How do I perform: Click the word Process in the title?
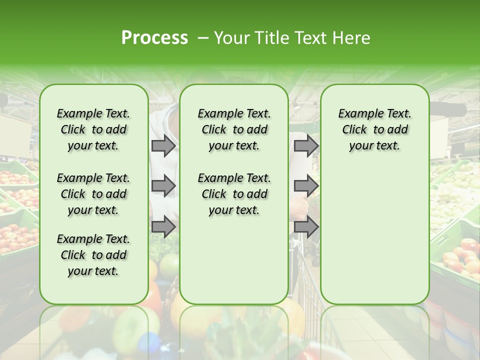click(x=154, y=38)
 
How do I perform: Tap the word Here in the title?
click(x=350, y=38)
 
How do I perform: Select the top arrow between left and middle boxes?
click(x=163, y=146)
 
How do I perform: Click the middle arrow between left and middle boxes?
click(x=163, y=186)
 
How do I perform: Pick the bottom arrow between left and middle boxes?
click(x=163, y=227)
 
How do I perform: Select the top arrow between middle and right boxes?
click(x=306, y=146)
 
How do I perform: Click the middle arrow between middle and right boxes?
click(x=306, y=186)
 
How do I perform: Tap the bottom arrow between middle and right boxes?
click(x=306, y=227)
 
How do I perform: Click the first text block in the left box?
click(x=93, y=129)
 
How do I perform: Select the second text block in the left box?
click(x=93, y=194)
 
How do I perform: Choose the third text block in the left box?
click(x=93, y=255)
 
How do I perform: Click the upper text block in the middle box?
click(x=234, y=129)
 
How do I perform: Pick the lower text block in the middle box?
click(x=234, y=194)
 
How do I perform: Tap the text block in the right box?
click(x=374, y=129)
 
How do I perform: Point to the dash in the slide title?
click(x=203, y=38)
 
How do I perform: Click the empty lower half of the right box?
click(x=374, y=240)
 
